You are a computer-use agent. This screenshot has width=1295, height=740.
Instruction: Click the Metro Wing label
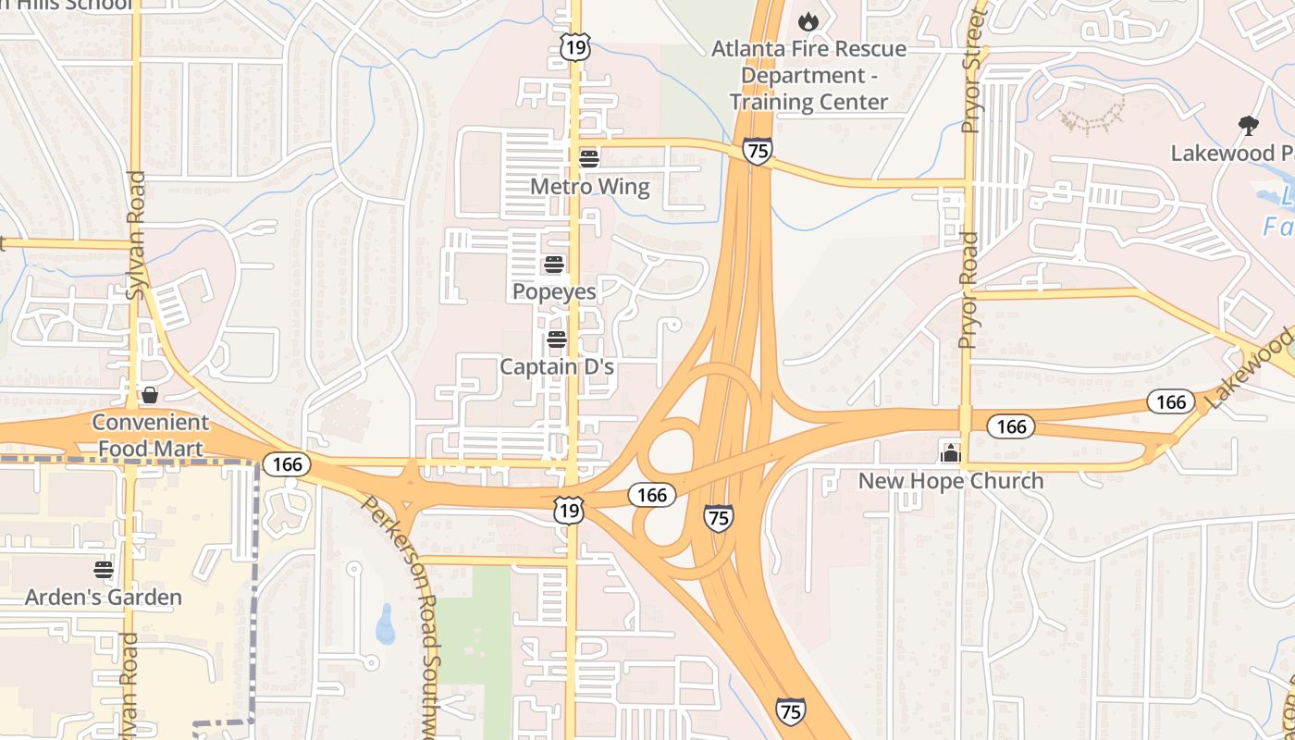point(589,187)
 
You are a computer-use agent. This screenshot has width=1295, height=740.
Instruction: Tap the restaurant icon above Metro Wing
point(589,158)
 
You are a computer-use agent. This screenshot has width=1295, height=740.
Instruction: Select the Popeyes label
point(554,291)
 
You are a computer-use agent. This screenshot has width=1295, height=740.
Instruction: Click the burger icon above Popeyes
point(554,265)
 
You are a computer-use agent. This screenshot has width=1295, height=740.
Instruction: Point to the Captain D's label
point(557,367)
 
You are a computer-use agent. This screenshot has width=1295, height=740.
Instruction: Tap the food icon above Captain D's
point(556,339)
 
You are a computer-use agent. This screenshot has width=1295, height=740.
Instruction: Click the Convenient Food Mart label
point(150,435)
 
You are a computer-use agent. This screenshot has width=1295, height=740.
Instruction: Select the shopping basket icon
point(149,396)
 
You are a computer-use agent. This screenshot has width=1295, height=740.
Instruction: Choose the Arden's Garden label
point(104,598)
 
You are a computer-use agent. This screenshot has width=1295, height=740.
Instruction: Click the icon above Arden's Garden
point(104,569)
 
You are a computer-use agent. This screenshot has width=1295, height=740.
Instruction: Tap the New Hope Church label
point(950,481)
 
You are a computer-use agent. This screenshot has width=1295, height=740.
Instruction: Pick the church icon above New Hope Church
point(950,453)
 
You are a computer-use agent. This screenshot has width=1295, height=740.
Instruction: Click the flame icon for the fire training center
point(808,20)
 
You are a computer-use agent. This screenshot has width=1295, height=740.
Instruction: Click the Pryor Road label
point(968,290)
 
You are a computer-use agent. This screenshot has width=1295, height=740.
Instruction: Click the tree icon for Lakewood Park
point(1248,126)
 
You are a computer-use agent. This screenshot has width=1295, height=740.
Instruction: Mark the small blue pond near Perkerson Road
point(386,624)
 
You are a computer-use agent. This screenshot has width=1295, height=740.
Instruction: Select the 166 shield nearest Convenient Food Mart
point(288,463)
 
